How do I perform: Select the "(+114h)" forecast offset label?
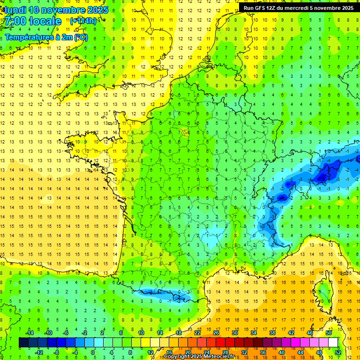tap(83, 21)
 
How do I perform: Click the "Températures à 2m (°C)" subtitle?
tap(46, 37)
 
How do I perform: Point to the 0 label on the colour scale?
tap(92, 352)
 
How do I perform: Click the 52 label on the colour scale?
tap(337, 352)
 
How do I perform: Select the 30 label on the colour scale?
tap(235, 333)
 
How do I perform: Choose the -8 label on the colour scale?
tap(57, 352)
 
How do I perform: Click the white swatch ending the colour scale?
tap(333, 343)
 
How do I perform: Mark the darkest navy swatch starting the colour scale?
tap(23, 343)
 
